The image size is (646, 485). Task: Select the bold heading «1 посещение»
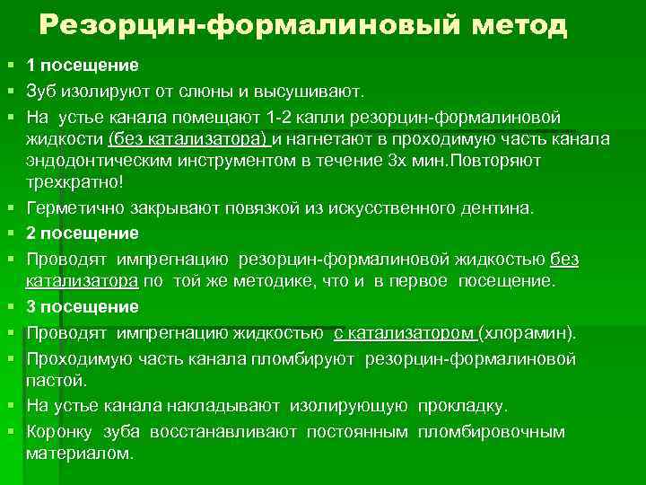pos(82,66)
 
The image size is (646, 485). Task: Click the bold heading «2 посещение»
pos(82,234)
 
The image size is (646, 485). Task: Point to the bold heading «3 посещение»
pos(82,307)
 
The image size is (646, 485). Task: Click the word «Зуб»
pos(42,91)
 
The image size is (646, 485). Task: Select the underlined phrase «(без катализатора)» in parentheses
pos(188,139)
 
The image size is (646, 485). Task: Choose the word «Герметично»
pos(76,208)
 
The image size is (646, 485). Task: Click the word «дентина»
pos(497,208)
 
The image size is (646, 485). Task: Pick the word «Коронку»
pos(60,432)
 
